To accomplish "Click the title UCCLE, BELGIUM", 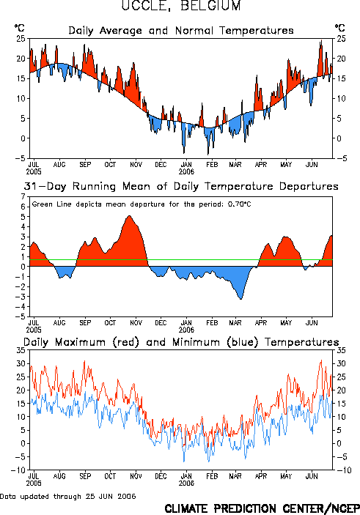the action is (181, 5).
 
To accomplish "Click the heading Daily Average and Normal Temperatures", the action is (181, 31).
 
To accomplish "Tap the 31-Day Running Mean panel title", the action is (181, 186).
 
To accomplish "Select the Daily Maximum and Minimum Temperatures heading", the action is (181, 342).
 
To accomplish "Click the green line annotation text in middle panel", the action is (142, 204).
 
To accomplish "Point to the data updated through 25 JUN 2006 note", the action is (67, 496).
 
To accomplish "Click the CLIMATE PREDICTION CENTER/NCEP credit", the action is (262, 508).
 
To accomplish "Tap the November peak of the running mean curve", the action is (130, 216).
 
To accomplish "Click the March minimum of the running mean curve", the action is (241, 299).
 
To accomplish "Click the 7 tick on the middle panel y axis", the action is (23, 197).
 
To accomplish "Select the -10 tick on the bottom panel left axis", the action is (18, 470).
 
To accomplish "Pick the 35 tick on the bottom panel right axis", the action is (341, 350).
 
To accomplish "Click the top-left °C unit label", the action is (19, 28).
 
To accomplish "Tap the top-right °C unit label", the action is (339, 28).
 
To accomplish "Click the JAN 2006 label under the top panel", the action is (186, 168).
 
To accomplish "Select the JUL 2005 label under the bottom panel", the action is (34, 480).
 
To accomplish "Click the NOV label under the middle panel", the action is (136, 323).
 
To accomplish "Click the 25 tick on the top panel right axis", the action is (341, 39).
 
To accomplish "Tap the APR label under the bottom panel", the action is (261, 476).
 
